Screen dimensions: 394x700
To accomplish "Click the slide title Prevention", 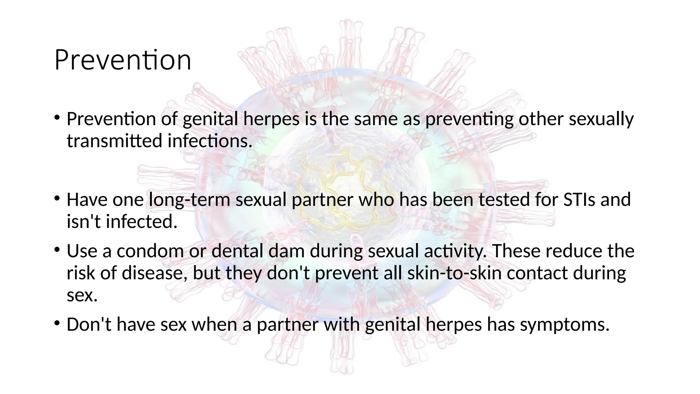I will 122,60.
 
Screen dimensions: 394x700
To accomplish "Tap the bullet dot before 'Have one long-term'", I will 57,198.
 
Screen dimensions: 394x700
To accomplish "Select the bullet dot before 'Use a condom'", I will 57,249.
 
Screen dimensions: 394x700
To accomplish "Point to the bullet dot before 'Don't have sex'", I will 57,323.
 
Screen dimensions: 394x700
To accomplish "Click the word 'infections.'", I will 210,141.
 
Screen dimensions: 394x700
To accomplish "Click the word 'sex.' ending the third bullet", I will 82,295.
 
